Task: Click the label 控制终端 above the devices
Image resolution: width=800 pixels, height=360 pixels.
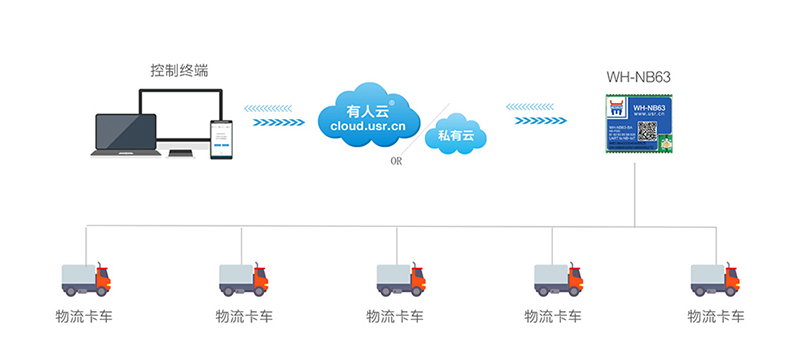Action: point(180,71)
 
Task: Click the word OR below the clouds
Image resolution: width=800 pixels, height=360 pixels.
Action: point(397,160)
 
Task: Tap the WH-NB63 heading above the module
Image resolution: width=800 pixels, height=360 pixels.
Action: point(639,76)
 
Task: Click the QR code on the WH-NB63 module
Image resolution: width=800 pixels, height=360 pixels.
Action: point(657,134)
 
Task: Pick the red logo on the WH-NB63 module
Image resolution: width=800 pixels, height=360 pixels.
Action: point(618,107)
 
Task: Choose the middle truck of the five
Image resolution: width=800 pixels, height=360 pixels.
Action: point(400,279)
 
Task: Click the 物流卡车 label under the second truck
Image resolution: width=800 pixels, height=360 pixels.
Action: point(243,317)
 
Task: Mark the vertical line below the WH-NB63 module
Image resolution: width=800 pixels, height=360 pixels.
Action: point(636,190)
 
